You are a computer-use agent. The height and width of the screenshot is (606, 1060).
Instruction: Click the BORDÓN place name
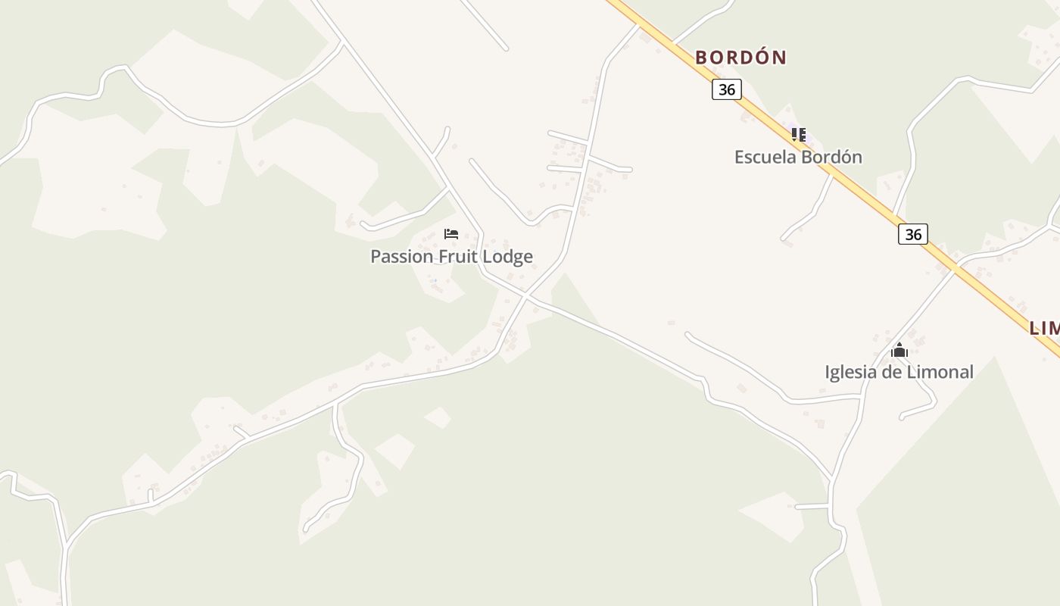tap(740, 58)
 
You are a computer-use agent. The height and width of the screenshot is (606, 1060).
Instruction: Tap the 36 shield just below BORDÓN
tap(726, 90)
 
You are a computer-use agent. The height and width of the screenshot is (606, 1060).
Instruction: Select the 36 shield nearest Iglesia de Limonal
tap(913, 234)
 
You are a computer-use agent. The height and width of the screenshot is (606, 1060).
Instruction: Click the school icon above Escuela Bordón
tap(798, 135)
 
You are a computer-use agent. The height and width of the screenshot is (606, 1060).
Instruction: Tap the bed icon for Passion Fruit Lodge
tap(451, 234)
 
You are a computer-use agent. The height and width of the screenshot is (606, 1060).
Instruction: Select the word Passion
tap(402, 257)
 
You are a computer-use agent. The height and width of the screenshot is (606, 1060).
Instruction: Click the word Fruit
tap(458, 257)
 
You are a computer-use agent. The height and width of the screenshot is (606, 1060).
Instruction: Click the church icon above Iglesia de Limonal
tap(899, 350)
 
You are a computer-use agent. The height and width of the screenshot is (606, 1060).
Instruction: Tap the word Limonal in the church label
tap(940, 372)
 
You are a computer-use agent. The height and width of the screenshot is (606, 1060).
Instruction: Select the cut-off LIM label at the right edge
tap(1044, 328)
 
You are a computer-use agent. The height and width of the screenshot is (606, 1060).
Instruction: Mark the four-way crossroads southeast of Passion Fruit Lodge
tap(525, 296)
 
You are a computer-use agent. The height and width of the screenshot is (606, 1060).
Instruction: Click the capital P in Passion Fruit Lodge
tap(376, 257)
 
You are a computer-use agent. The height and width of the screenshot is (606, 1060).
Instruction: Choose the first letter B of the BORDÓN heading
tap(701, 58)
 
